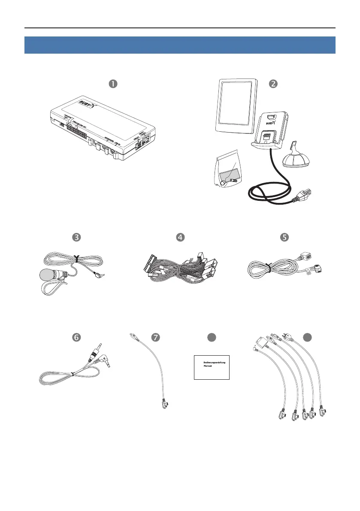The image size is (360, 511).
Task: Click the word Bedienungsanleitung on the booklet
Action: pyautogui.click(x=214, y=363)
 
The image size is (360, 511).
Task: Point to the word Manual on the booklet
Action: pyautogui.click(x=209, y=367)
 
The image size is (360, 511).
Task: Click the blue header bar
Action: pyautogui.click(x=180, y=45)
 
